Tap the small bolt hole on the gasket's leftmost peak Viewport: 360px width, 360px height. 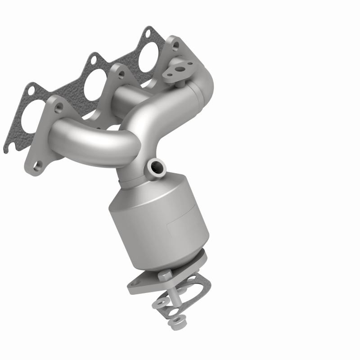(31, 90)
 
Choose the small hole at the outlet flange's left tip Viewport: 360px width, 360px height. (134, 283)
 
